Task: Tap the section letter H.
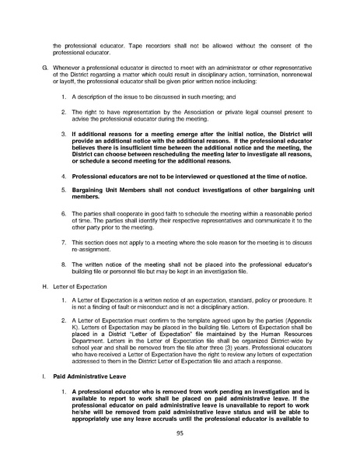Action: click(44, 287)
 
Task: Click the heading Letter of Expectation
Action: click(79, 287)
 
